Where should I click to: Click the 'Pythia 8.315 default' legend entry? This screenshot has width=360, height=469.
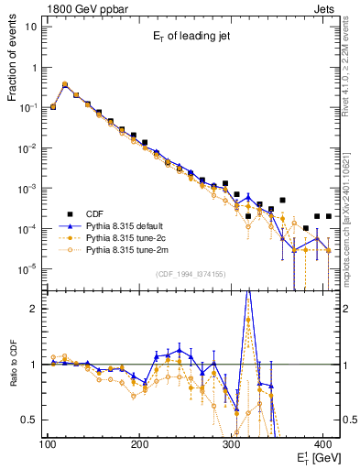pyautogui.click(x=128, y=226)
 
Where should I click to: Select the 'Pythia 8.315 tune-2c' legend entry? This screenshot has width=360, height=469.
pyautogui.click(x=128, y=237)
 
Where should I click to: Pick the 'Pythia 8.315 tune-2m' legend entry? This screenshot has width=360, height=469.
pyautogui.click(x=128, y=248)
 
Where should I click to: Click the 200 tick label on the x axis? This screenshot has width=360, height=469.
pyautogui.click(x=139, y=444)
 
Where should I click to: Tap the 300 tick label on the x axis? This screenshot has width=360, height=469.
pyautogui.click(x=231, y=444)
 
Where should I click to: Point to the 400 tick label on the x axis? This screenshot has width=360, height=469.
pyautogui.click(x=322, y=444)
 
